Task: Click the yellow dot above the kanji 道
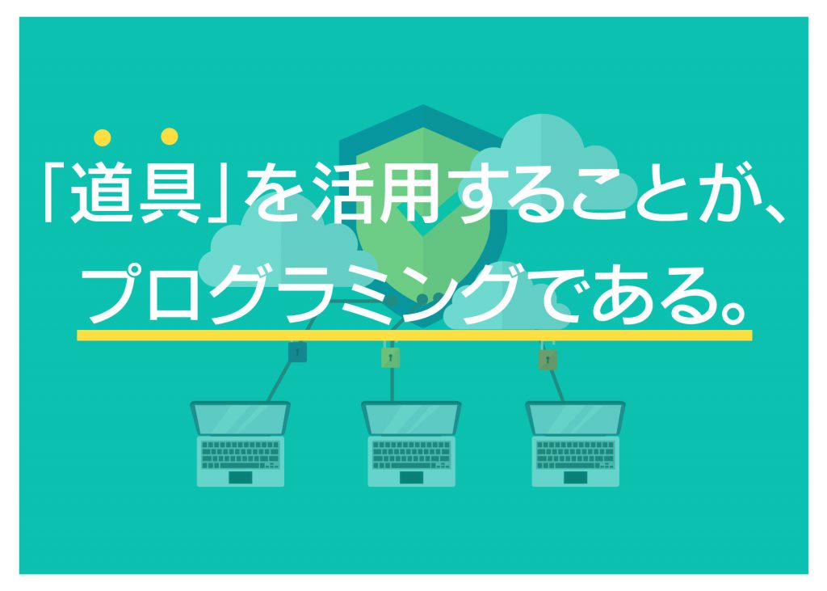click(x=103, y=138)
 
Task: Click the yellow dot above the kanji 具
click(x=170, y=137)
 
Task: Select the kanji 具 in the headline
click(x=170, y=192)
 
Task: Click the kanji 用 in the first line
click(x=409, y=192)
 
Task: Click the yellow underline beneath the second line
click(x=414, y=336)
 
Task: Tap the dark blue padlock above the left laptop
click(x=297, y=351)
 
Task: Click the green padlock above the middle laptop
click(x=390, y=357)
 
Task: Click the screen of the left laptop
click(x=240, y=419)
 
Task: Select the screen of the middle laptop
click(x=411, y=419)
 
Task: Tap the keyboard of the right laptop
click(x=575, y=454)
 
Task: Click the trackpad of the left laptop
click(x=241, y=478)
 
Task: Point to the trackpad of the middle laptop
click(x=411, y=478)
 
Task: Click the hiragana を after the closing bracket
click(x=274, y=192)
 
